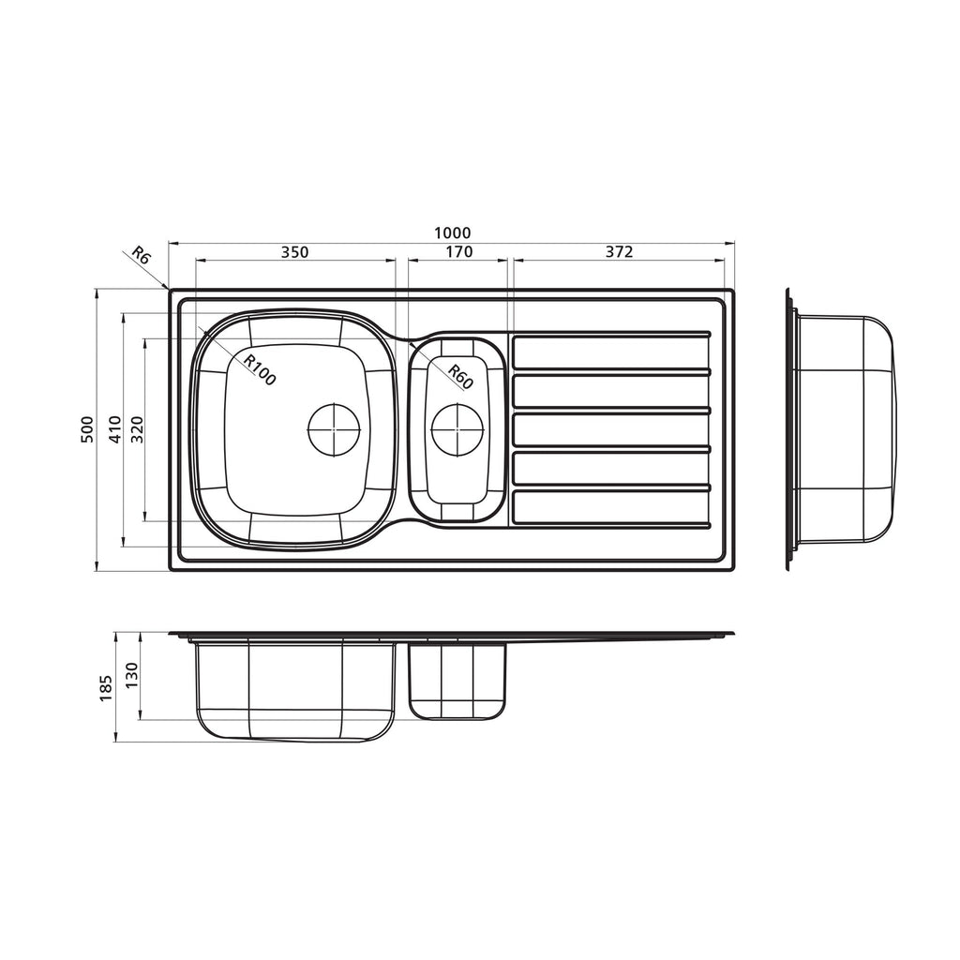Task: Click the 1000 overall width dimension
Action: click(453, 233)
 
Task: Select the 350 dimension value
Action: click(294, 251)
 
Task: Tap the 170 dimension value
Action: click(459, 251)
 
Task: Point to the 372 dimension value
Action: click(619, 251)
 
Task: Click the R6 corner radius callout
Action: click(141, 255)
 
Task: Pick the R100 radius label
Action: click(260, 369)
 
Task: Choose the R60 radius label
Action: click(460, 377)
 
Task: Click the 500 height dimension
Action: click(87, 429)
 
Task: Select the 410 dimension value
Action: click(115, 429)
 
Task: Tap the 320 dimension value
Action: click(137, 429)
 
